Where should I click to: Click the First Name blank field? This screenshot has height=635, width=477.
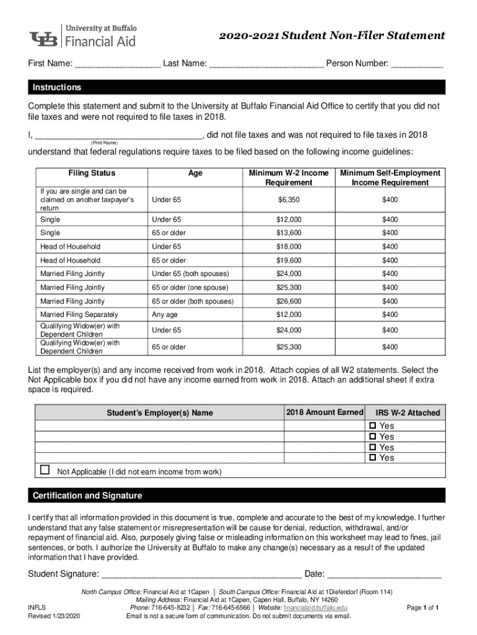[x=118, y=64]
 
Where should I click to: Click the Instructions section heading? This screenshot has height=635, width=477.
[x=57, y=87]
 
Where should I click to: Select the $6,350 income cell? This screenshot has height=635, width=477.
[x=288, y=199]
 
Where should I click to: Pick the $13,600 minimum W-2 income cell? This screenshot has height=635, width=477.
[x=288, y=233]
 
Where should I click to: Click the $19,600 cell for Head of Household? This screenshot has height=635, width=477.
[x=288, y=260]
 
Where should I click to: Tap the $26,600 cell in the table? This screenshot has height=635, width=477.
[x=288, y=301]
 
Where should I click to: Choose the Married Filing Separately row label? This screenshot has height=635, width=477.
[x=79, y=314]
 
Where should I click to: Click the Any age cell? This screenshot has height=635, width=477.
[x=164, y=314]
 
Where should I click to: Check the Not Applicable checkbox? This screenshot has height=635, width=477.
[x=45, y=470]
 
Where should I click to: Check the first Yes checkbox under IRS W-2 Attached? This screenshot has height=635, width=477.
[x=372, y=426]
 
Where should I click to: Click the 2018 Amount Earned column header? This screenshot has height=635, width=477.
[x=324, y=412]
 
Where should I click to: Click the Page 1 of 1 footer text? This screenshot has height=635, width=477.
[x=422, y=608]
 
